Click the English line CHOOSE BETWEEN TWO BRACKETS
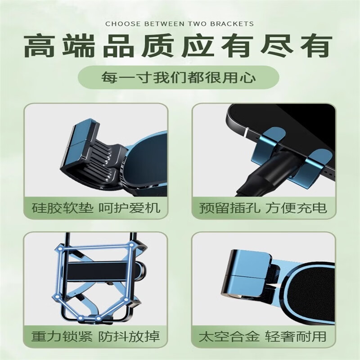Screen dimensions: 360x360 (x=179, y=24)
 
